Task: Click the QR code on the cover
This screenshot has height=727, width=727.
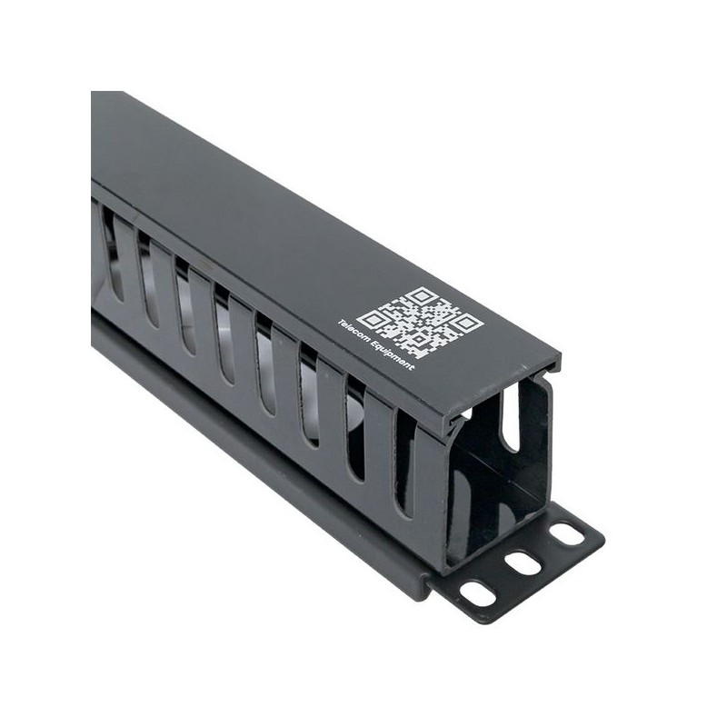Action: click(422, 323)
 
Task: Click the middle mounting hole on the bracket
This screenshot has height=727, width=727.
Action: click(523, 563)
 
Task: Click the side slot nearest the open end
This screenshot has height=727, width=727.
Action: click(404, 463)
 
